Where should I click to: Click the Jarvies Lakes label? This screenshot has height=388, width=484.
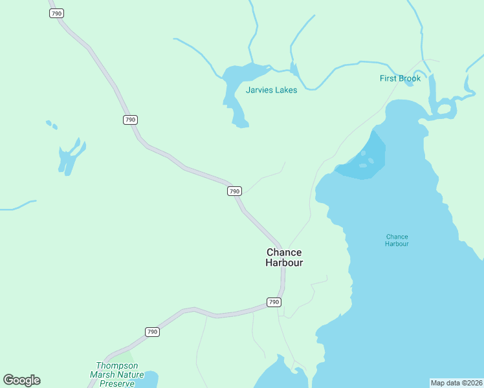pos(271,90)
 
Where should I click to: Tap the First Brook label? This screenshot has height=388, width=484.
pos(400,78)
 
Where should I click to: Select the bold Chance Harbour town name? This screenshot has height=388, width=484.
pos(284,257)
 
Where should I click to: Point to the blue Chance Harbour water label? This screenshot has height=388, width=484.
pos(397,241)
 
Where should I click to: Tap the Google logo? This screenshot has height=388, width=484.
pos(21,380)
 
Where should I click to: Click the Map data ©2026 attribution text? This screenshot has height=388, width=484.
pos(456,382)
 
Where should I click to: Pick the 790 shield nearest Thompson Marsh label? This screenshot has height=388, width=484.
pos(152,332)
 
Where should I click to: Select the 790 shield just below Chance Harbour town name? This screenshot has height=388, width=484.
pos(274,302)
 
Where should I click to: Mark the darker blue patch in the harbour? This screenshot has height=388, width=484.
pos(366,158)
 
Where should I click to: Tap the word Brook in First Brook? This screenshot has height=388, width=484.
pos(410,78)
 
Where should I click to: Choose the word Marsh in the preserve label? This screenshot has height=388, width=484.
pos(104,374)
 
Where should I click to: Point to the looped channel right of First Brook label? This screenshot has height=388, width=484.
pos(445,109)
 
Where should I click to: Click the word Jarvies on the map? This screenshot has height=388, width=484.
pos(259,90)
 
